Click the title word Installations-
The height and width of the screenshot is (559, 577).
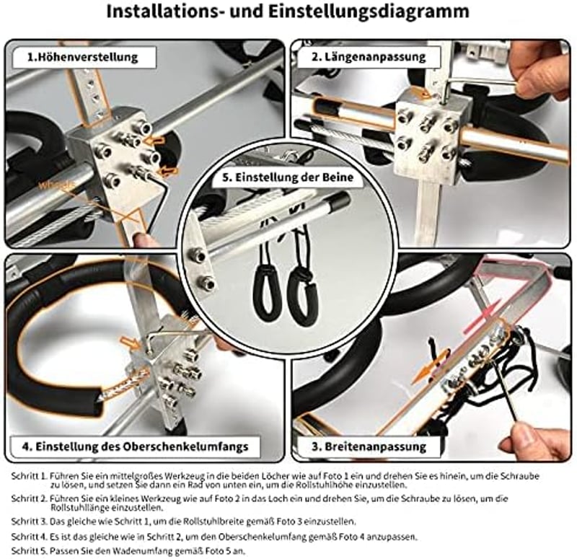(x=165, y=11)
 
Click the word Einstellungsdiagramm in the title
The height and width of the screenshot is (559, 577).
(x=368, y=12)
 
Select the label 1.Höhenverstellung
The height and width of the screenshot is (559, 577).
(x=83, y=58)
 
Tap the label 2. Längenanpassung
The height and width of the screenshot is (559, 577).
(x=369, y=57)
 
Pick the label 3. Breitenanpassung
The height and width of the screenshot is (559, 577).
(x=369, y=446)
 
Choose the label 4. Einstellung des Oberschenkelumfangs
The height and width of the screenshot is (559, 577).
(x=135, y=446)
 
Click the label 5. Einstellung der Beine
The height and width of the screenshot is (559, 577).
(x=288, y=177)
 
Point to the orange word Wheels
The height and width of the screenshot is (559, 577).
(x=57, y=185)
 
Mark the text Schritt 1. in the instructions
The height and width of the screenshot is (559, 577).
(x=30, y=476)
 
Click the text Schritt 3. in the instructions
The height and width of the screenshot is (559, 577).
(x=30, y=521)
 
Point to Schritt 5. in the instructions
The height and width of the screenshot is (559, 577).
(x=30, y=551)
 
